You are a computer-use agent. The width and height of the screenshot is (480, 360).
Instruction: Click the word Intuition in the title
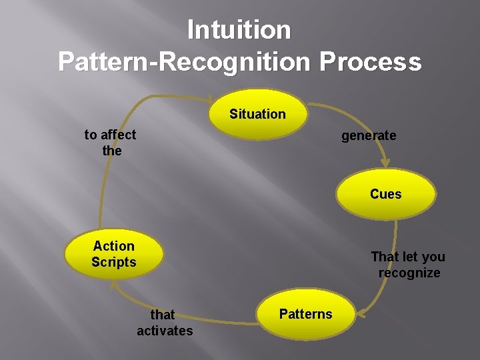[239, 30]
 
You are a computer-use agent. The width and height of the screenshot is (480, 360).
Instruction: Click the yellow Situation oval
[257, 114]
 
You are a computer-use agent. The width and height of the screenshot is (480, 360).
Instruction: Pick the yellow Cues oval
[386, 194]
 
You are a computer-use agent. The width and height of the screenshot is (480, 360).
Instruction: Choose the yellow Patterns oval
[305, 314]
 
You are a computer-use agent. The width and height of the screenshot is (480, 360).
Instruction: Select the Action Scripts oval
[113, 254]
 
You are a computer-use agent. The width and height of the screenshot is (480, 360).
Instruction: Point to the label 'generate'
[369, 136]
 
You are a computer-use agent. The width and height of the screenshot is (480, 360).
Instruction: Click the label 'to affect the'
[111, 143]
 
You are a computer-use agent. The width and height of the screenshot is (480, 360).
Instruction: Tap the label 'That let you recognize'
[408, 265]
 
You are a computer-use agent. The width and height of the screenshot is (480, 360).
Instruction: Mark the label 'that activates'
[164, 322]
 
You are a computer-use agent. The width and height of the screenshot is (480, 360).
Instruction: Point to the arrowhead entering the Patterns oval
[361, 311]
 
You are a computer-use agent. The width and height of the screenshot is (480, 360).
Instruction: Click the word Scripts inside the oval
[113, 262]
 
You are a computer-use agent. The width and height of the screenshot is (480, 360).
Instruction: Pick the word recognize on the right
[409, 273]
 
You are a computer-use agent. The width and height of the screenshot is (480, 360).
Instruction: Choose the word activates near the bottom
[165, 330]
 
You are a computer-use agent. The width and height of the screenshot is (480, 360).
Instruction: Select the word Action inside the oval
[113, 246]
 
